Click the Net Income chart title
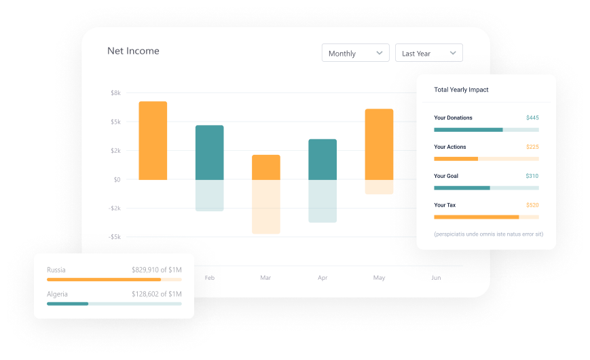(x=133, y=51)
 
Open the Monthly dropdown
(x=355, y=53)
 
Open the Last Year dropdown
(x=428, y=53)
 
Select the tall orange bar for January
(x=153, y=141)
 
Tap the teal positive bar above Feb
(x=209, y=152)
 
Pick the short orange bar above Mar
(x=265, y=167)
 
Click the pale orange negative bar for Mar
(x=265, y=206)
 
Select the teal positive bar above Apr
(x=322, y=160)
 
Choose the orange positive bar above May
(x=379, y=144)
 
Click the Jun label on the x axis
(x=436, y=278)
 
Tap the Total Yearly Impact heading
(x=461, y=90)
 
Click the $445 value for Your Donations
(x=532, y=118)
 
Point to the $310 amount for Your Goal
(x=532, y=176)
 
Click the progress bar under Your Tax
(x=486, y=217)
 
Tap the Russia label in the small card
(x=56, y=270)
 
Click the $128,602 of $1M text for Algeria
(x=156, y=294)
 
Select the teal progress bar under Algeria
(x=68, y=304)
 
